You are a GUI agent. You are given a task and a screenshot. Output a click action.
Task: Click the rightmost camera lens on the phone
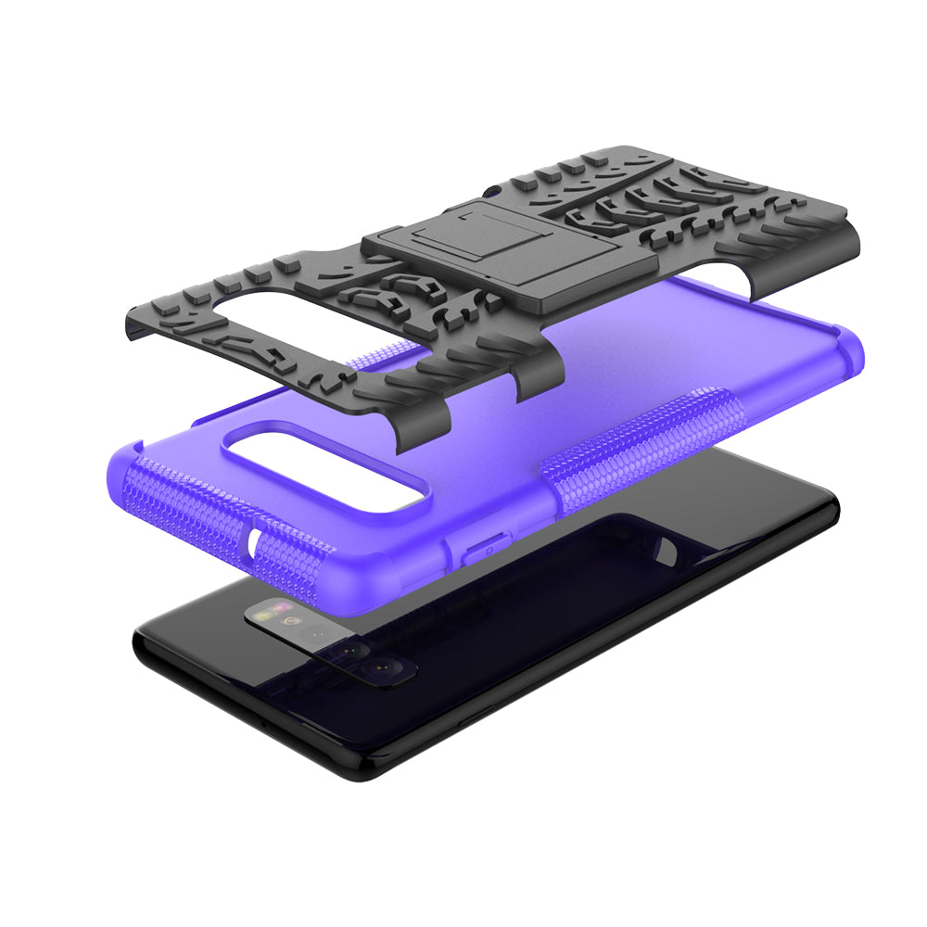(380, 667)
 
